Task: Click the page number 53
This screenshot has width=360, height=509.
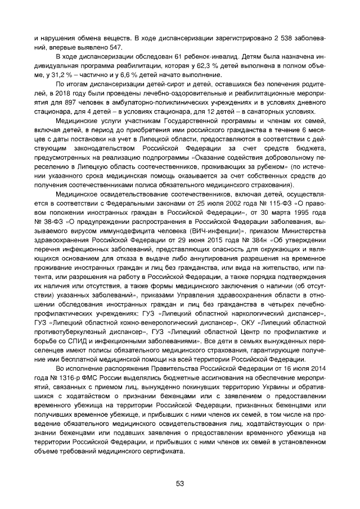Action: pyautogui.click(x=180, y=484)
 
